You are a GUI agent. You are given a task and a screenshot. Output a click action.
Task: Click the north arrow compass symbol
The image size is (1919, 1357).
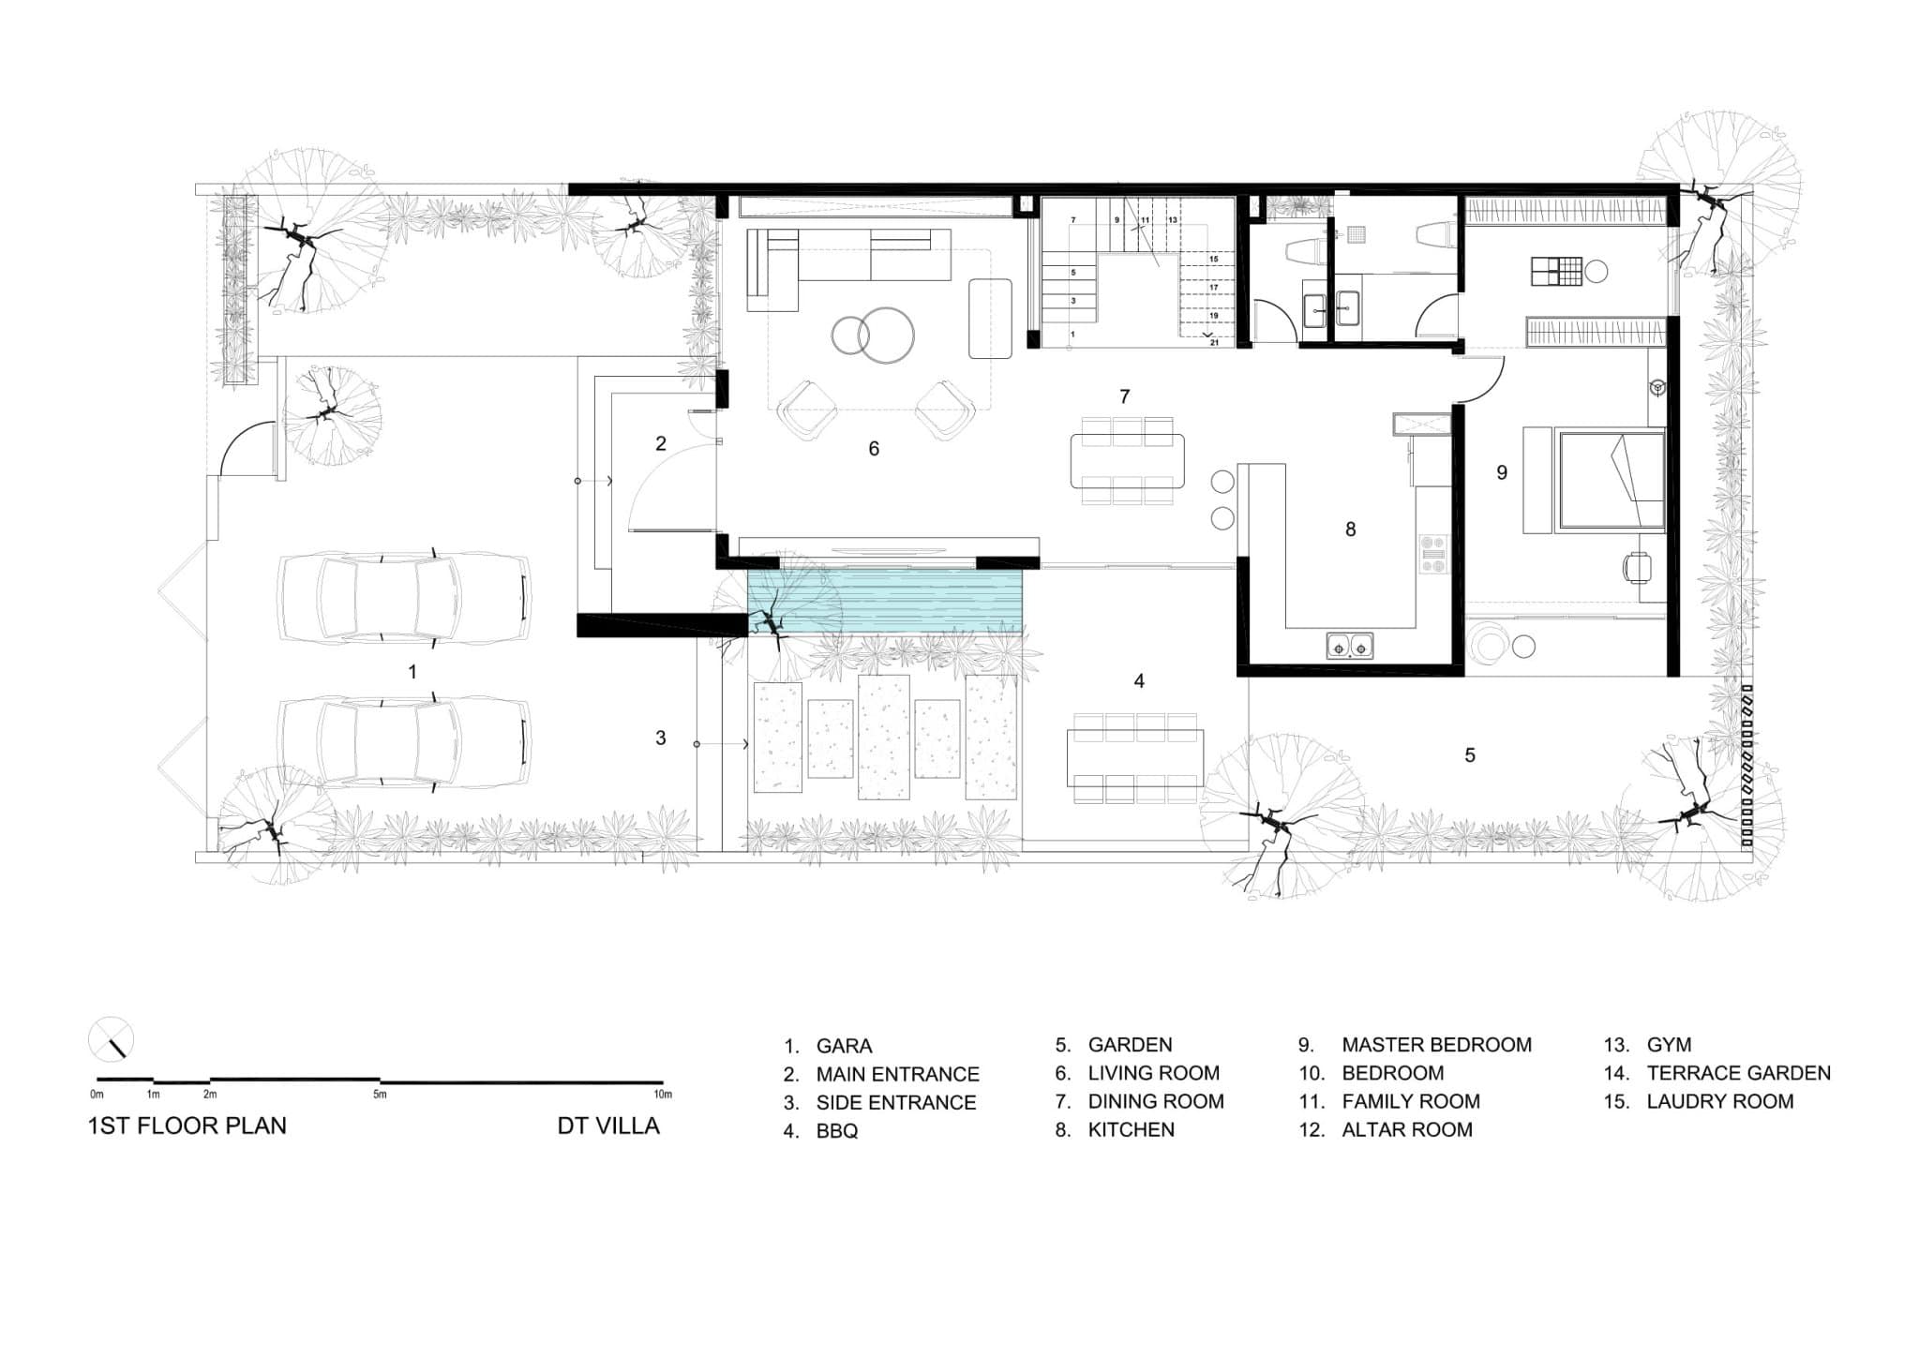tap(111, 1040)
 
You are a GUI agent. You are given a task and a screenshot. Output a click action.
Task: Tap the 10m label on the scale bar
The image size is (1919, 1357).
tap(663, 1094)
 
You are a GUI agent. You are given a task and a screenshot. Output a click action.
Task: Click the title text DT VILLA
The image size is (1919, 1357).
tap(608, 1126)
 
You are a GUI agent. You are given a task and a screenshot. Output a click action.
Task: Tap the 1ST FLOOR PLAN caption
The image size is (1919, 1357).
tap(187, 1126)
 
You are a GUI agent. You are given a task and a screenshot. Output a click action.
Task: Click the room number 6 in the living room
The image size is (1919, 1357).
tap(874, 449)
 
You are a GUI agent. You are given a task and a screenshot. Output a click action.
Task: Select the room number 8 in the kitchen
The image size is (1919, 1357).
tap(1350, 529)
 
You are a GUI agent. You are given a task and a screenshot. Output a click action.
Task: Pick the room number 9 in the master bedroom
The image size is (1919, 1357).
tap(1502, 473)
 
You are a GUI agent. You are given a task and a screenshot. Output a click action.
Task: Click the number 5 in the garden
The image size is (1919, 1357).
tap(1470, 755)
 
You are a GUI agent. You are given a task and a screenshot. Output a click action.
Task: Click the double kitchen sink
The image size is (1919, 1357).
tap(1350, 645)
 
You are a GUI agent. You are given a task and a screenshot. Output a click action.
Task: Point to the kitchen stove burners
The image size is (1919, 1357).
tap(1433, 554)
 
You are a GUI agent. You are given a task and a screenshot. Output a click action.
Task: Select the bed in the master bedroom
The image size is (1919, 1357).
tap(1611, 480)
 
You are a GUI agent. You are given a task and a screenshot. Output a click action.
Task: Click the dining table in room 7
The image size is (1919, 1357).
tap(1127, 461)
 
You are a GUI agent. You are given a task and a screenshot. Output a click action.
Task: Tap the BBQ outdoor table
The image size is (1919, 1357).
tap(1134, 758)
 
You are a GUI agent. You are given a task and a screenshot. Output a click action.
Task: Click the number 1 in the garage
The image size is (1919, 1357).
tap(412, 672)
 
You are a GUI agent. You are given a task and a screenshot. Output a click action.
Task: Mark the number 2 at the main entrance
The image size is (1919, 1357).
tap(661, 443)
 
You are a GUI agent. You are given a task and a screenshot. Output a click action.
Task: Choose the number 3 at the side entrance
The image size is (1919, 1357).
tap(661, 738)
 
